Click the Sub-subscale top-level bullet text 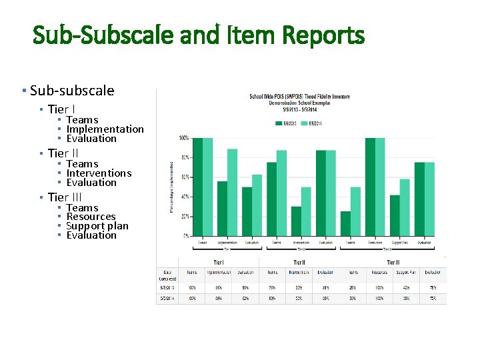pyautogui.click(x=72, y=91)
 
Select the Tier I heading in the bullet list pyautogui.click(x=61, y=109)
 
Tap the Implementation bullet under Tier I pyautogui.click(x=105, y=129)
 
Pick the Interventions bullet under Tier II pyautogui.click(x=99, y=173)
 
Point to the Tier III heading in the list pyautogui.click(x=65, y=197)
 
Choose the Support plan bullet pyautogui.click(x=97, y=226)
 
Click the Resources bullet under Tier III pyautogui.click(x=91, y=217)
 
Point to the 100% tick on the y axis pyautogui.click(x=183, y=138)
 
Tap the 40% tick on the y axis pyautogui.click(x=185, y=197)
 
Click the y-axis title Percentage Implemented pyautogui.click(x=173, y=187)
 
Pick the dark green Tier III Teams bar pyautogui.click(x=345, y=223)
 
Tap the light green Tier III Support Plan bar pyautogui.click(x=405, y=207)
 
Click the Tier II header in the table pyautogui.click(x=299, y=263)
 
